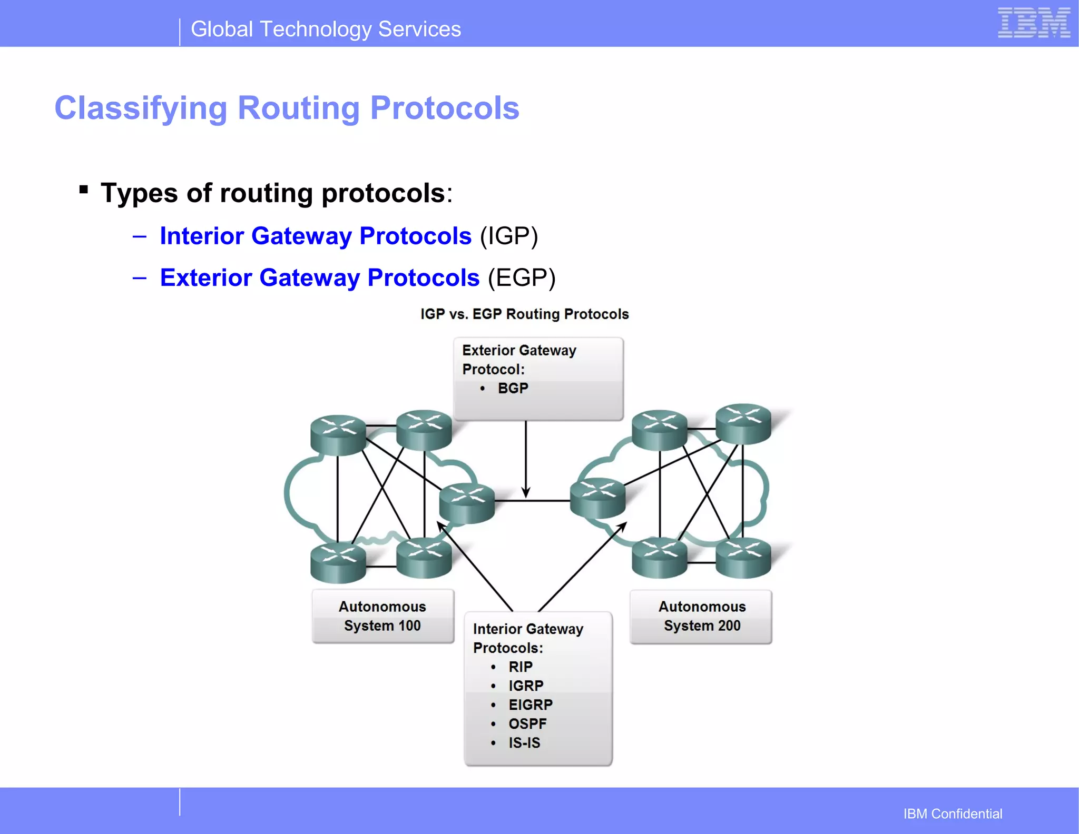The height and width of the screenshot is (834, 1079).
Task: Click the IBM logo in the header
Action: (x=1034, y=23)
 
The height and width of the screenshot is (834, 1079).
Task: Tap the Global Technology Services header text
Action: (x=326, y=29)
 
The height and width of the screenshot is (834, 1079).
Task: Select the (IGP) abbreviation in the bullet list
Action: (x=508, y=236)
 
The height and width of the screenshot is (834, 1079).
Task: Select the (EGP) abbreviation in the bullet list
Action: (x=521, y=277)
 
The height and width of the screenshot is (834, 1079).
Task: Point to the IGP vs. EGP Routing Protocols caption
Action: (x=524, y=314)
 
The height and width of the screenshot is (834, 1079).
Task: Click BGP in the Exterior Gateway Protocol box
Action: (x=513, y=389)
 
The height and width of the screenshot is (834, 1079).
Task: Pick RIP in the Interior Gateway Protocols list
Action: (x=521, y=667)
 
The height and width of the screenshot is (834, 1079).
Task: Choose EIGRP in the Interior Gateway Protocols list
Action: (x=530, y=705)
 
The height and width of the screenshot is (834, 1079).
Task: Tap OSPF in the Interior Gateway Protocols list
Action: (x=527, y=724)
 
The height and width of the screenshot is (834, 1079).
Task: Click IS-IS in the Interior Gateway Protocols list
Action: (x=524, y=743)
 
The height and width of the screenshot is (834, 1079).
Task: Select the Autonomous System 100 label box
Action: (x=382, y=616)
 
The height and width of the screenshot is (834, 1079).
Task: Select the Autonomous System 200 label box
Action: (x=701, y=617)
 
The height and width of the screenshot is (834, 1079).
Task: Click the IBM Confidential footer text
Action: (x=953, y=814)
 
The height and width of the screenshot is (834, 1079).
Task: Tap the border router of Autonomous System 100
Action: (x=467, y=503)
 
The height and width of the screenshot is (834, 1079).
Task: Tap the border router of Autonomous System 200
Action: (x=597, y=498)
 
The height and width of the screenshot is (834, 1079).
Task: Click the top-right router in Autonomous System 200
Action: (x=743, y=423)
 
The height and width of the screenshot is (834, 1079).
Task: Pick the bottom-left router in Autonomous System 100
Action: (x=338, y=562)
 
